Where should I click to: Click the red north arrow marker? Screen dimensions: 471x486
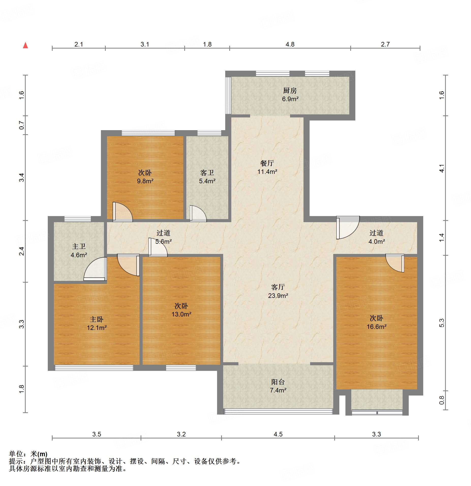click(x=25, y=45)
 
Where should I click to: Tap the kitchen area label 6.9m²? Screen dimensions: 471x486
click(x=290, y=99)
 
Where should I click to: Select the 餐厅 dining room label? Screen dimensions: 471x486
click(x=267, y=163)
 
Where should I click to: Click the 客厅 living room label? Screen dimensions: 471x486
click(x=278, y=287)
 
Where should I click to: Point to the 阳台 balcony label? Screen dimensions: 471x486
click(x=278, y=382)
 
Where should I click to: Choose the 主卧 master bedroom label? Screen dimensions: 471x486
click(x=97, y=319)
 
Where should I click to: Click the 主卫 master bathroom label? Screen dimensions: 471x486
click(x=79, y=246)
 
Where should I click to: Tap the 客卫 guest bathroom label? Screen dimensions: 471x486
click(x=207, y=173)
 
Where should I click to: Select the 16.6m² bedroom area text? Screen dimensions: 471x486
click(x=376, y=327)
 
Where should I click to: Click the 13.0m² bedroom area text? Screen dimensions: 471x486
click(x=181, y=314)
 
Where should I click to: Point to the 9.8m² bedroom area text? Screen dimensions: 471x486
click(x=145, y=181)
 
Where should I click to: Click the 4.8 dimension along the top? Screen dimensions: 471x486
click(x=290, y=44)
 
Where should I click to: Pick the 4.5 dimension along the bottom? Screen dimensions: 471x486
click(x=278, y=434)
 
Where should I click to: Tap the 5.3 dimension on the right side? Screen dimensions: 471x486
click(x=442, y=323)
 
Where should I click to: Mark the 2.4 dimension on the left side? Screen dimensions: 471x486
click(x=22, y=251)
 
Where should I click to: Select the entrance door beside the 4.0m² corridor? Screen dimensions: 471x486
click(x=348, y=227)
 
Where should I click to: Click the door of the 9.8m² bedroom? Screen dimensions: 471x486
click(x=123, y=212)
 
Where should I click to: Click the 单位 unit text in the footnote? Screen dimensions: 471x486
click(x=16, y=454)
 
